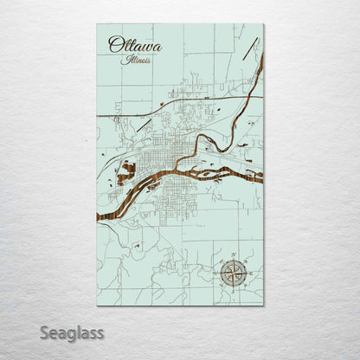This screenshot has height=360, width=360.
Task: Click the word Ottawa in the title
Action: coord(134,44)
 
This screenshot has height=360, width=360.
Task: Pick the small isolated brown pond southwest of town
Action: coord(137,246)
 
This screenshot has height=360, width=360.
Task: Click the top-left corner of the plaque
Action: coord(97,24)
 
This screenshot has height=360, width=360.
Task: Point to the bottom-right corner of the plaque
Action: coord(263,305)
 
